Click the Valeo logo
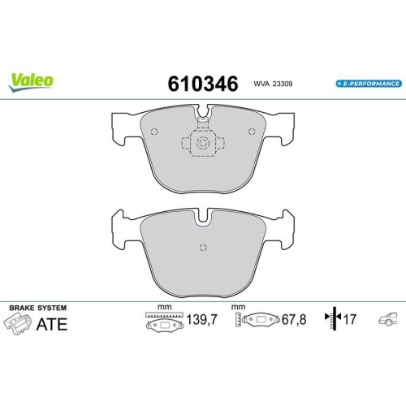pos(32,80)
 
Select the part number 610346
pos(201,83)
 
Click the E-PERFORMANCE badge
pos(367,84)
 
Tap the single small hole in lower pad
pos(202,248)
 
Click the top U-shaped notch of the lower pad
pos(202,218)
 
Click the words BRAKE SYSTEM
pos(37,309)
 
